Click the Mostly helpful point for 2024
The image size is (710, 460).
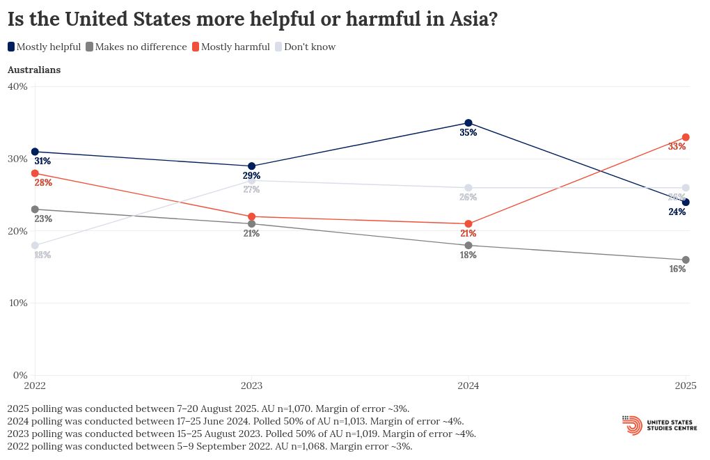(x=468, y=123)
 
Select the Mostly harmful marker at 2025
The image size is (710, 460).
(x=686, y=137)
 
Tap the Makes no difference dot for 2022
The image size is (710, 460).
(x=35, y=209)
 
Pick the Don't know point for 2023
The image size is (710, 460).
(x=251, y=181)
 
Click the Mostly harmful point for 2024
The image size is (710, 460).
(x=468, y=224)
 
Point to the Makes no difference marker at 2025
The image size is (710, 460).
(x=686, y=260)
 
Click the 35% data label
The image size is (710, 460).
(x=468, y=133)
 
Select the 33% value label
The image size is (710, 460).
(x=677, y=147)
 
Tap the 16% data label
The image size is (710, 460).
(x=677, y=269)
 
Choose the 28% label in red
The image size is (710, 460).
(x=43, y=183)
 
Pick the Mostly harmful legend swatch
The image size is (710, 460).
(x=196, y=47)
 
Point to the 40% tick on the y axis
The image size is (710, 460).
(x=17, y=86)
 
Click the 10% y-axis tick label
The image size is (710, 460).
(x=17, y=303)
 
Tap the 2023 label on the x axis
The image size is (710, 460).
(x=251, y=385)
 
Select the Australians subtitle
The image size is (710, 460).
(x=34, y=70)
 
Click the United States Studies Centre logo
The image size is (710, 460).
(x=661, y=425)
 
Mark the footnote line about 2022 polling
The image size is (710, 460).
(x=210, y=446)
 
